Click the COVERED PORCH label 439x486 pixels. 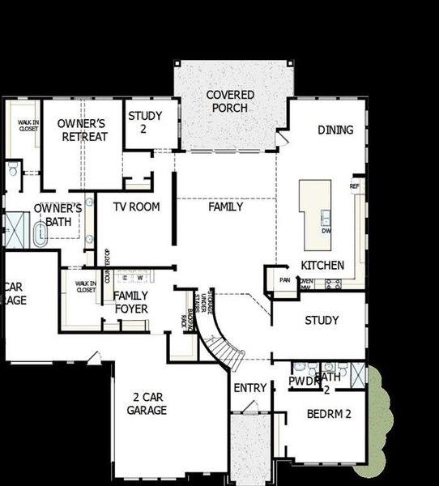[230, 101]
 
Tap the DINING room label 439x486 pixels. [335, 130]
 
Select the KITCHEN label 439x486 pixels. [322, 265]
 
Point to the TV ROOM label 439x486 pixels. [136, 207]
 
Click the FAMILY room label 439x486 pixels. [225, 207]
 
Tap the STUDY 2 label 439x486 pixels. [145, 122]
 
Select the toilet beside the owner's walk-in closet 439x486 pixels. [13, 170]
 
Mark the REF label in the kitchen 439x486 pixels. [354, 186]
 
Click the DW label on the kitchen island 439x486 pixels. [326, 231]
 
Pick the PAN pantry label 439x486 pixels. [284, 280]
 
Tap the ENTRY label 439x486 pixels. [249, 388]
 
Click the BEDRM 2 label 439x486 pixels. [328, 415]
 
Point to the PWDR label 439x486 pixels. [305, 380]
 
